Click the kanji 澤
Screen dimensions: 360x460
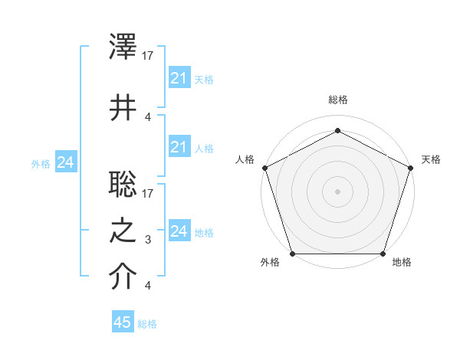123,47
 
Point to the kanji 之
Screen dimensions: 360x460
123,229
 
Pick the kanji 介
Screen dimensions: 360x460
123,277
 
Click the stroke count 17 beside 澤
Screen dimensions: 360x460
149,56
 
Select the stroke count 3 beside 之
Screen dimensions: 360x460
149,240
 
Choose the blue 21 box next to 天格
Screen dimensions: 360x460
179,79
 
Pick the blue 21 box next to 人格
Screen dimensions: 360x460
179,148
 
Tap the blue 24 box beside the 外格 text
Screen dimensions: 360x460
65,162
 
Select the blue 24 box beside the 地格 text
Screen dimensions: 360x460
179,231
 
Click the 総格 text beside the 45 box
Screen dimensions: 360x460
147,324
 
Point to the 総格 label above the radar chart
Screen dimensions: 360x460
337,100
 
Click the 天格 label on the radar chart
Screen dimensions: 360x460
432,159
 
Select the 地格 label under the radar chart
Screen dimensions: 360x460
402,263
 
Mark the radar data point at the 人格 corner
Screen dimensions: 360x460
264,167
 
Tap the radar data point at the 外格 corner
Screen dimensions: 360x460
292,254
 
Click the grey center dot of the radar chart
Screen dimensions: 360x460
337,191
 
